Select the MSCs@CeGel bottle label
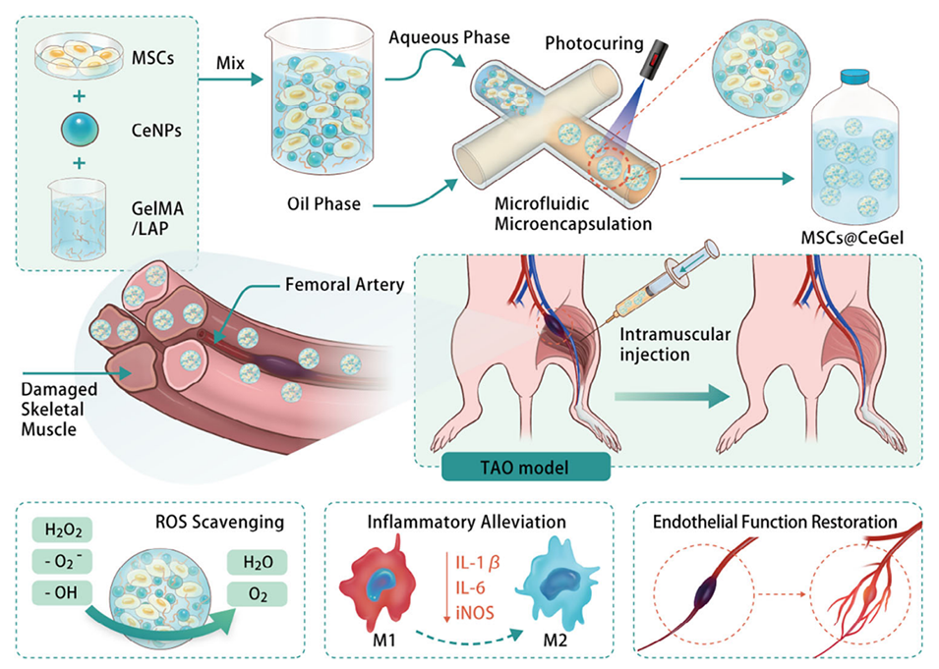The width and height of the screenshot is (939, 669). coord(854,239)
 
